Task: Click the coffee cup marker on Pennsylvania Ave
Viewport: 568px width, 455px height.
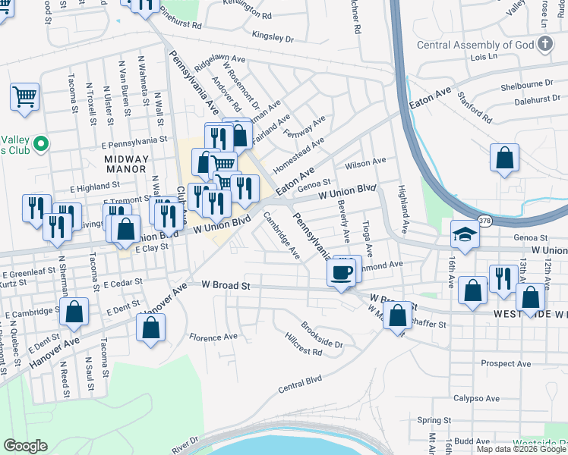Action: tap(341, 272)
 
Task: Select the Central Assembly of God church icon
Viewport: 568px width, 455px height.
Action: tap(544, 45)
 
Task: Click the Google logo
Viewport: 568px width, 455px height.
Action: tap(24, 446)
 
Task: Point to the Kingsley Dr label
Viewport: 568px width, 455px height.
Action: tap(273, 36)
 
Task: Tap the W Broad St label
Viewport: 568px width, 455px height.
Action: tap(226, 284)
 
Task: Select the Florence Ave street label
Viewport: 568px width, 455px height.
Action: tap(213, 337)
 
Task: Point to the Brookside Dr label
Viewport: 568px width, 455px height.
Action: tap(322, 335)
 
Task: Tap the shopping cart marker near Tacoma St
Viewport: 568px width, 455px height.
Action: tap(25, 97)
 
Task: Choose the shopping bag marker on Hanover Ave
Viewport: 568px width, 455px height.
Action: tap(151, 328)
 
